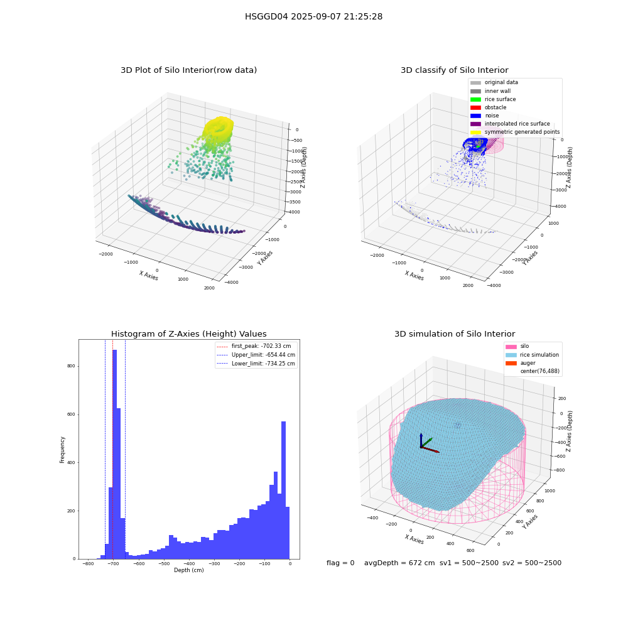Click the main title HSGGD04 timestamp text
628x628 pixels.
coord(313,16)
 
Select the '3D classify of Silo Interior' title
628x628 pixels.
coord(455,70)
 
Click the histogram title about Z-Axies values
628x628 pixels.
coord(188,333)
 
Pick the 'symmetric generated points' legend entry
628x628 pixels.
coord(515,132)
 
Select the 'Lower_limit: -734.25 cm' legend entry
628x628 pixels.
coord(256,364)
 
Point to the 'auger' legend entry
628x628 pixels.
coord(520,363)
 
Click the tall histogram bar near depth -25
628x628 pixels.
coord(284,490)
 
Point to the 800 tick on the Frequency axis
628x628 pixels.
coord(71,366)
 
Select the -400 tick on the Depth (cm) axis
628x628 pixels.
coord(189,563)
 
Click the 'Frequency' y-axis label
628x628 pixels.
coord(62,450)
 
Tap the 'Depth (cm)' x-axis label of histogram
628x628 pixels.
coord(188,570)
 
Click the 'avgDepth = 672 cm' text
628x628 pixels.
coord(399,563)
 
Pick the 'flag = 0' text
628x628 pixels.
coord(340,563)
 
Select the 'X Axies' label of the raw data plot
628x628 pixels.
coord(149,276)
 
